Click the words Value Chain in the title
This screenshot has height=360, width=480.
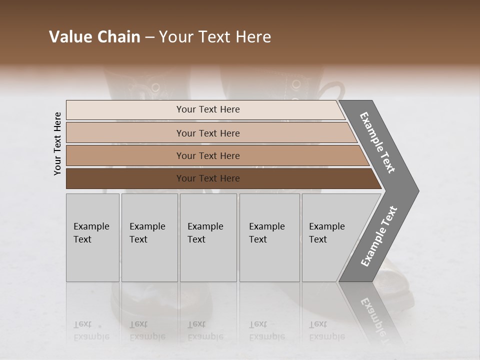point(94,37)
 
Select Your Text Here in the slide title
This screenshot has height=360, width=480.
point(215,37)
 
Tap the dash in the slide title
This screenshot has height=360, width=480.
point(149,37)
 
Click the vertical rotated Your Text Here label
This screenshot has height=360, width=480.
point(57,144)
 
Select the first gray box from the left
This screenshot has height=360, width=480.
point(92,237)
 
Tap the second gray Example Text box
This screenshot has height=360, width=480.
point(149,237)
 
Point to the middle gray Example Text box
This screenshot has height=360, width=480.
point(208,237)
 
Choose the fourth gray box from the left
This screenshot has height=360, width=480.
point(269,237)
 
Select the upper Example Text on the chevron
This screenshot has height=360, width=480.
point(378,142)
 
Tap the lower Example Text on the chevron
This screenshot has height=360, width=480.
point(379,236)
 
